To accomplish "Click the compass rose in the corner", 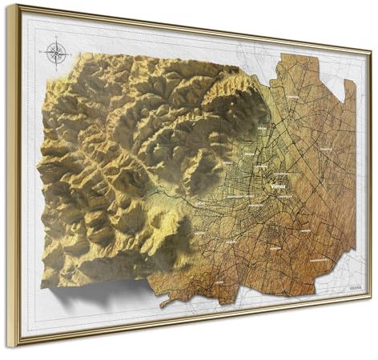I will (56, 54).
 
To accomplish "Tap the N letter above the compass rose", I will (56, 42).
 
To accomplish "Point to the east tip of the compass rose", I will (67, 54).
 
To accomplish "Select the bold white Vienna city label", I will (282, 182).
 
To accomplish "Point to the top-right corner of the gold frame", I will (370, 42).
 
